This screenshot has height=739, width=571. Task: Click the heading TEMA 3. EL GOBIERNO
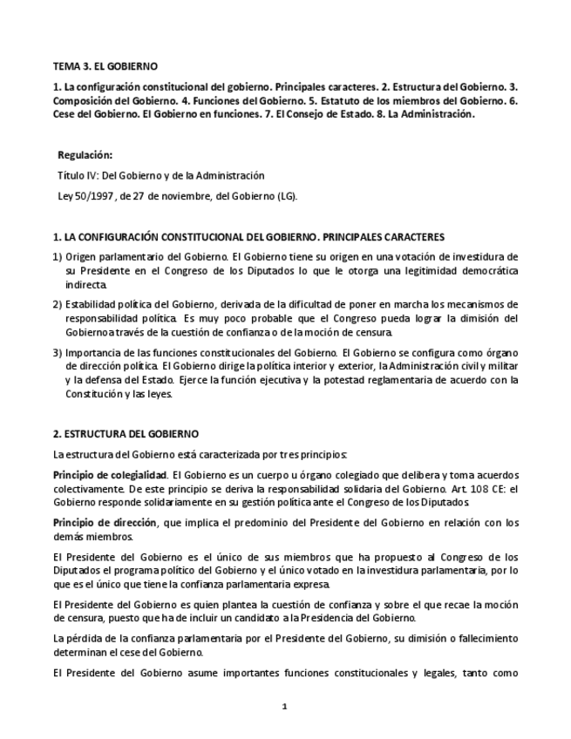click(105, 66)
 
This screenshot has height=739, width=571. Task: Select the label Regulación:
click(85, 155)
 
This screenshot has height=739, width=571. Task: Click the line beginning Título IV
click(160, 175)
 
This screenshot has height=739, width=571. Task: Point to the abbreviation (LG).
click(287, 195)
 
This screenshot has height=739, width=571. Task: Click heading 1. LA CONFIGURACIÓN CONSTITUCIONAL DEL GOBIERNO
click(248, 236)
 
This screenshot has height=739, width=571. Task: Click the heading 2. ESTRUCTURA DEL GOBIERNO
click(126, 433)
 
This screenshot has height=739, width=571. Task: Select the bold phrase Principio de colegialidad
click(110, 474)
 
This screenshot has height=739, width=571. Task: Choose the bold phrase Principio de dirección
click(105, 522)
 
